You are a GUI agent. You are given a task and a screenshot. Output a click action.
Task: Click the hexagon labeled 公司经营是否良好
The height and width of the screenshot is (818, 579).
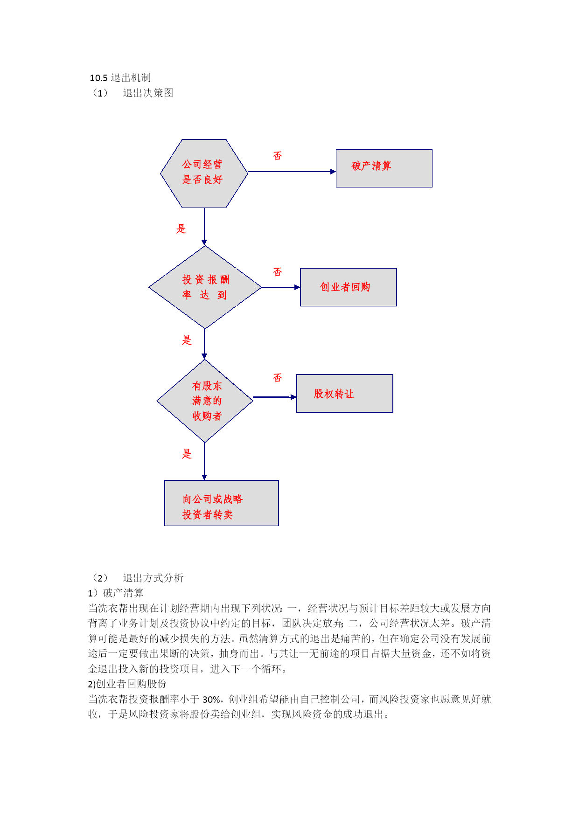coord(204,173)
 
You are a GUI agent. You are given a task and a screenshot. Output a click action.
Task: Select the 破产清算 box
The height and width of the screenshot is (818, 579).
coord(384,168)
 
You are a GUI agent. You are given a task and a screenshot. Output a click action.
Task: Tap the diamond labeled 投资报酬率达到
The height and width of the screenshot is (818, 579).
coord(205,287)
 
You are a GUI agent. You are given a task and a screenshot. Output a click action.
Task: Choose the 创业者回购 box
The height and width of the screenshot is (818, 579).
coord(349,287)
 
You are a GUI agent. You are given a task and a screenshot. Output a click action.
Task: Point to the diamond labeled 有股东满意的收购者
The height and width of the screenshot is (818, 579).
coord(205,401)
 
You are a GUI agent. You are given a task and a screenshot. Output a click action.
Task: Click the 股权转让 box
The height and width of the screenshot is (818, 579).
coord(345,393)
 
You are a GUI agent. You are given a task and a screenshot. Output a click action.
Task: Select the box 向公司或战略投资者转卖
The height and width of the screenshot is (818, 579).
coord(222,503)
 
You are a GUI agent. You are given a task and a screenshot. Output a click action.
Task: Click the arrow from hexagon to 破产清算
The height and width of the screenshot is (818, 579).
coord(292,172)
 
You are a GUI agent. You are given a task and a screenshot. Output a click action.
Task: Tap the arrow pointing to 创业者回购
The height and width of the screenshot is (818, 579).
coord(280,287)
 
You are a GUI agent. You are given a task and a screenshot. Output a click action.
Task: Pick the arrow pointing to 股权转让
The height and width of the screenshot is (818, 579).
coord(275,397)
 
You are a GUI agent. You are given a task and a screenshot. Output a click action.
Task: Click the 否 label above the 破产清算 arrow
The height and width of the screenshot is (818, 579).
coord(278,156)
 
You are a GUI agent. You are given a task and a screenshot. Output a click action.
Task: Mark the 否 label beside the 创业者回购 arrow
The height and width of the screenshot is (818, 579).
coord(278,272)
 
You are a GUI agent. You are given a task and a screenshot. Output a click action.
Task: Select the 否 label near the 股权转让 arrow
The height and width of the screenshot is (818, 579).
coord(278,378)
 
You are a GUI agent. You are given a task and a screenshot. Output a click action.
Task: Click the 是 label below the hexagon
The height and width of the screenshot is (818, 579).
coord(181,229)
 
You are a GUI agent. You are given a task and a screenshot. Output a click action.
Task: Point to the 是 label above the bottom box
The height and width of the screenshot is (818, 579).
coord(187,454)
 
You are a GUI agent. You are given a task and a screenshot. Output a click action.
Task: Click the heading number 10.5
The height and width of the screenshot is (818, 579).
coord(99,78)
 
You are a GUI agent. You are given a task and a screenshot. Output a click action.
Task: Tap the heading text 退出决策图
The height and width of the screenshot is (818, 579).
coord(148,93)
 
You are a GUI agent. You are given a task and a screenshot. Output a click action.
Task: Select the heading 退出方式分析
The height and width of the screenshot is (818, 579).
coord(153,578)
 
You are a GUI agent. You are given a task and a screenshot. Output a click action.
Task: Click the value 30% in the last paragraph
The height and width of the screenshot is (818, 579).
coord(211,700)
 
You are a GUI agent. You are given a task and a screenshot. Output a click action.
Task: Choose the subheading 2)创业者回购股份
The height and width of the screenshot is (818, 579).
coord(127,684)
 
